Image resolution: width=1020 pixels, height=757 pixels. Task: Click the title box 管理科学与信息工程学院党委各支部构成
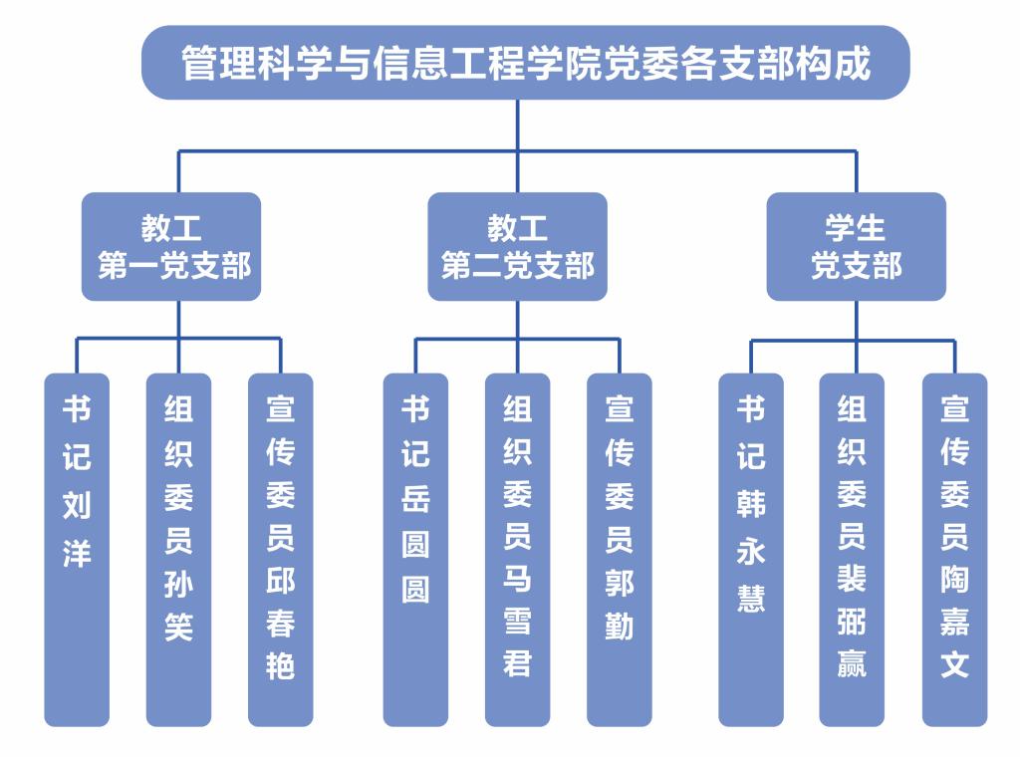[525, 63]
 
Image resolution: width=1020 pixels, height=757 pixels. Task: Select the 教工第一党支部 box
[171, 247]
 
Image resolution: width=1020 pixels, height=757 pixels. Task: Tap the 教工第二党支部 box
[517, 247]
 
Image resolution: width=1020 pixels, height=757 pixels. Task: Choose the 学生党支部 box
[856, 247]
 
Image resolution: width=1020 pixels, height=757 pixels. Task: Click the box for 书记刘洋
[77, 549]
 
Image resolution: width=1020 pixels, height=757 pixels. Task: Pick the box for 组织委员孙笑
[178, 549]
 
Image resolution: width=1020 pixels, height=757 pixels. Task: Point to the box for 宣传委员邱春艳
[280, 549]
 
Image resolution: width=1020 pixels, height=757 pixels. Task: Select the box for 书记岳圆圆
[415, 549]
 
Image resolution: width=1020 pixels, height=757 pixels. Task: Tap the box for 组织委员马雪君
[517, 549]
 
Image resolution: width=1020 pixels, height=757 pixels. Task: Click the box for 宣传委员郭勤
[619, 549]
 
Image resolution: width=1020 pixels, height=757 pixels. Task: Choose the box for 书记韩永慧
[751, 549]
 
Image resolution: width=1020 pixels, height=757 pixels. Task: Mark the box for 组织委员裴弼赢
[853, 549]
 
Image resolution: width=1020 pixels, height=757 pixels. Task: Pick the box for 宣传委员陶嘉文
[954, 549]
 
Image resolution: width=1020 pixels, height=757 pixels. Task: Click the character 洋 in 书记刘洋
[77, 553]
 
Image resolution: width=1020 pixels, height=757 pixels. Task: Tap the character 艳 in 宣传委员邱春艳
[280, 664]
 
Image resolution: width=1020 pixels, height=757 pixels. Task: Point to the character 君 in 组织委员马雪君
[517, 664]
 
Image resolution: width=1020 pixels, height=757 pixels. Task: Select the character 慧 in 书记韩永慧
[751, 599]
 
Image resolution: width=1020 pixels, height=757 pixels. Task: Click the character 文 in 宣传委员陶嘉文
[954, 664]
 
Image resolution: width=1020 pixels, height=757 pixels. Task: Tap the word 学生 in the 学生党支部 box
[856, 229]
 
